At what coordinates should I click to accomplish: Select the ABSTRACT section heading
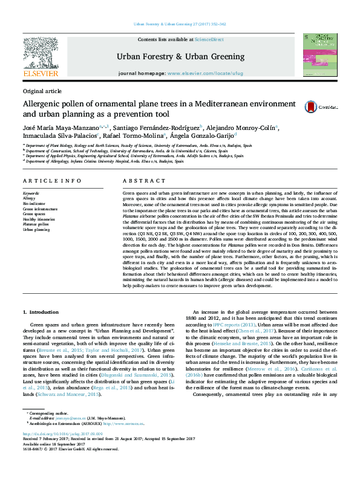tap(140, 181)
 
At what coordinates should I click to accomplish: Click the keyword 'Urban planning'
tap(36, 230)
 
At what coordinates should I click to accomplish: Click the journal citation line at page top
tap(180, 24)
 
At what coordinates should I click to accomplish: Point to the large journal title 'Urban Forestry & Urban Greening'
tap(180, 56)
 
